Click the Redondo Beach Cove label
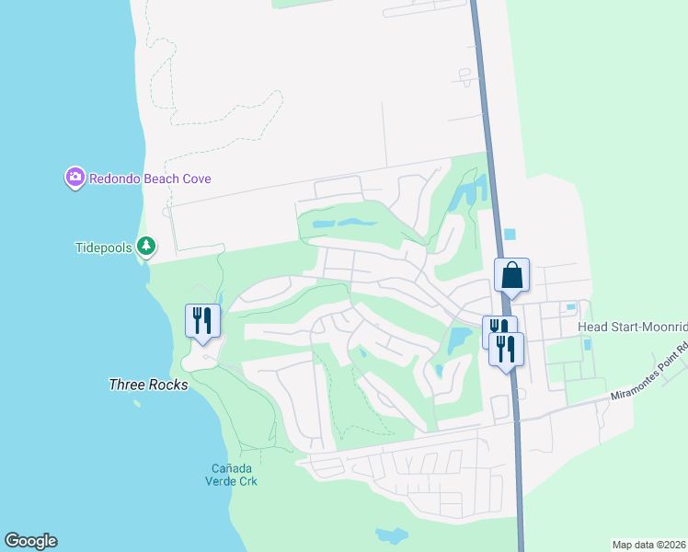coord(150,178)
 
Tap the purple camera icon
coord(75,178)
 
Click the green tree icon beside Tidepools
coord(145,246)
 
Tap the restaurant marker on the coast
coord(202,321)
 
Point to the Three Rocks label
coord(148,385)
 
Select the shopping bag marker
coord(511,274)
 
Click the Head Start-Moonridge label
coord(632,328)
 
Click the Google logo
coord(30,541)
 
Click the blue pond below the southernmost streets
coord(392,535)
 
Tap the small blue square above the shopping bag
coord(510,235)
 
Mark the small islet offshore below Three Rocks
coord(137,403)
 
